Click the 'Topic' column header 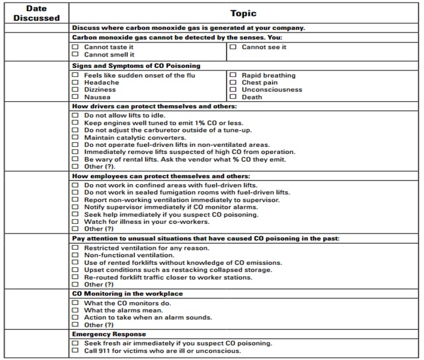pos(243,13)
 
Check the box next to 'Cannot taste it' pos(75,47)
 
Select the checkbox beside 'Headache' pos(75,82)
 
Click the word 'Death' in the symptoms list pos(252,97)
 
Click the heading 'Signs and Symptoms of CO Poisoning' pos(136,66)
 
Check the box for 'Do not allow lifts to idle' pos(75,116)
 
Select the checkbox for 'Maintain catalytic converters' pos(75,137)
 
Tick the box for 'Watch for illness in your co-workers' pos(75,222)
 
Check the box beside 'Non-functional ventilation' pos(75,255)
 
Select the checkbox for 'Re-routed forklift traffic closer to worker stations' pos(75,277)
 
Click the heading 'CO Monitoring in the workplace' pos(127,293)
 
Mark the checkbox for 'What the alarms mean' pos(75,310)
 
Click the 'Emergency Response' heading pos(109,334)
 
